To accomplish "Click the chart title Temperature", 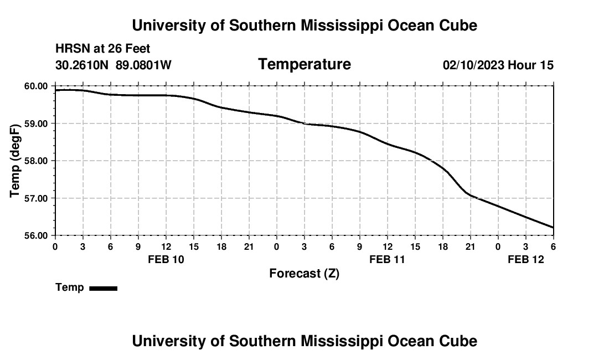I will coord(304,64).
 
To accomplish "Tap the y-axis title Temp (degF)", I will coord(16,161).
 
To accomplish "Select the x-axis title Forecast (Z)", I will coord(304,273).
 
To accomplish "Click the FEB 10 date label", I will coord(166,259).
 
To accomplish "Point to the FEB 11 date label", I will coord(388,259).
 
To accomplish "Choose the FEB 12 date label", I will coord(526,259).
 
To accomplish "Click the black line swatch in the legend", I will coord(103,288).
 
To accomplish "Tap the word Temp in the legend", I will coord(70,287).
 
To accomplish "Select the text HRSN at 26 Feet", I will coord(103,49).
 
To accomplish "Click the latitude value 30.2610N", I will coord(82,65).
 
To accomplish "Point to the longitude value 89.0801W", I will coord(143,65).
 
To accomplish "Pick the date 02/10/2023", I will coord(473,65).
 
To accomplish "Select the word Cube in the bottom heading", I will coord(460,341).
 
